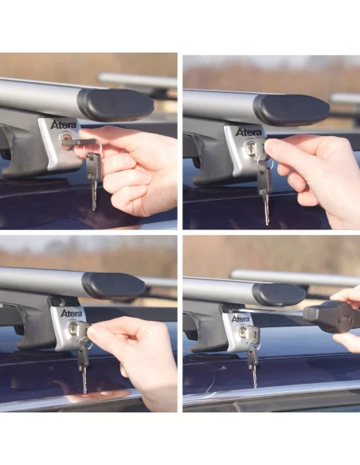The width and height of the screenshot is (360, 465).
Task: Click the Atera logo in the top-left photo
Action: coord(65,125)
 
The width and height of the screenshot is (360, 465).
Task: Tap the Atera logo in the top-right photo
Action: coord(248,131)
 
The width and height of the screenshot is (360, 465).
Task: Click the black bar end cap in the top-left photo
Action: coord(115,104)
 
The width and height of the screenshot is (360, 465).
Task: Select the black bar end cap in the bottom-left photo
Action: coord(113,285)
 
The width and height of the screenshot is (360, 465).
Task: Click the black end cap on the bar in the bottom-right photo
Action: coord(279,295)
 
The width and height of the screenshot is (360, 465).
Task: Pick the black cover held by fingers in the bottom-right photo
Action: coord(330,315)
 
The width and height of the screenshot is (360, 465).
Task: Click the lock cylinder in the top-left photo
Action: coord(66,142)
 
